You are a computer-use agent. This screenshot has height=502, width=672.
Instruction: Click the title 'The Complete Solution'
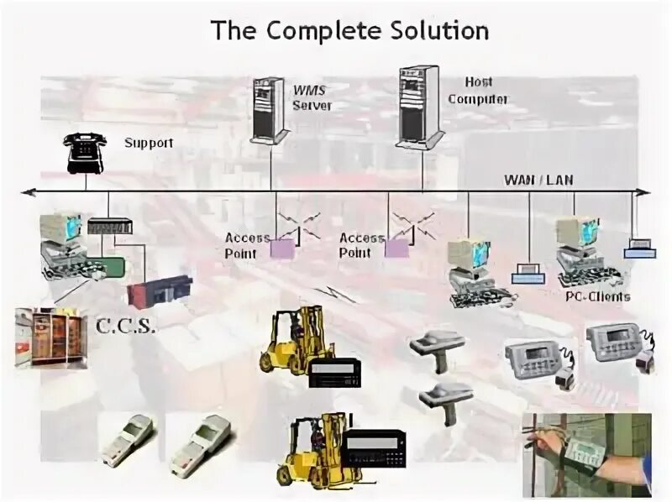[349, 31]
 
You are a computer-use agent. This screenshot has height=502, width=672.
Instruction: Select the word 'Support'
[149, 143]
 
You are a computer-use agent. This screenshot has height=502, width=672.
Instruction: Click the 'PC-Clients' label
[597, 296]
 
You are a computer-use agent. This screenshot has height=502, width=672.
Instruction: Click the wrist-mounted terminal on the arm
[587, 453]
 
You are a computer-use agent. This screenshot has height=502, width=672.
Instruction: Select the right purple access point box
[396, 247]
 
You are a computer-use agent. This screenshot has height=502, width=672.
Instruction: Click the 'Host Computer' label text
[477, 91]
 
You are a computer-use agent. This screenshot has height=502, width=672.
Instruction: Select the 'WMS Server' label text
[312, 97]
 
